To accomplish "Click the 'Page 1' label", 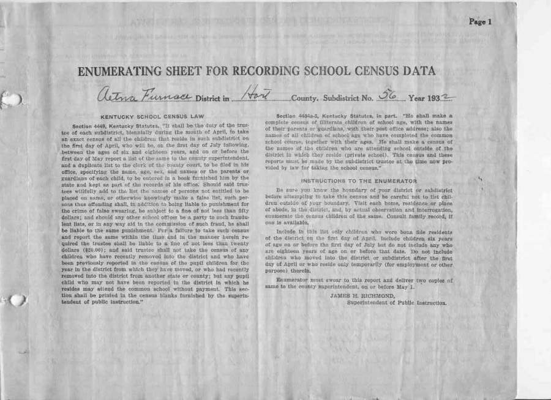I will [480, 22].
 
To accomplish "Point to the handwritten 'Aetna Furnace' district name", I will [144, 95].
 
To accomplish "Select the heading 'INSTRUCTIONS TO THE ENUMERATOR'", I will [359, 181].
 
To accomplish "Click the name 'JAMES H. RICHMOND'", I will [358, 295].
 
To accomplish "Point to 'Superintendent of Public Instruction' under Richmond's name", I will [396, 302].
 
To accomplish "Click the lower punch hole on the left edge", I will [17, 300].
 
